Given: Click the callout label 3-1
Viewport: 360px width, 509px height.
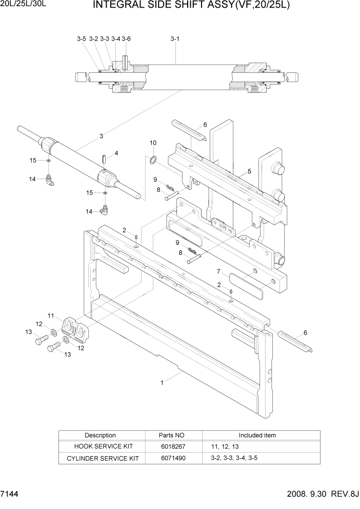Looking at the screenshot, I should pos(174,38).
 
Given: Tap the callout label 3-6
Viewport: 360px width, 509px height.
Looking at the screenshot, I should pos(126,38).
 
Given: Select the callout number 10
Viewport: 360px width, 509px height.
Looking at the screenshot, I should pos(153,142).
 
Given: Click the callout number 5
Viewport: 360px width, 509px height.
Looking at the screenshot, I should pos(249,171).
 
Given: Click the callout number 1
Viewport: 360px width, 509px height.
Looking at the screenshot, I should pos(163,382).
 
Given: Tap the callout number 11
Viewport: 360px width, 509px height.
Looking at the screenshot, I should pos(51,315).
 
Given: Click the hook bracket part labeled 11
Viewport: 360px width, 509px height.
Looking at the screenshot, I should pos(75,328).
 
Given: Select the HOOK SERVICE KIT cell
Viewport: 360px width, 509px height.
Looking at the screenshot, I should pos(100,446).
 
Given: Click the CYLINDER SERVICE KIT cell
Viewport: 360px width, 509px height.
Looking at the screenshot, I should pos(100,458).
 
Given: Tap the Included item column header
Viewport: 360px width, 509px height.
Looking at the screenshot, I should pos(257,435).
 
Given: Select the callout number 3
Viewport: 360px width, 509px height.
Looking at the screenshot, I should pos(102,136).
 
